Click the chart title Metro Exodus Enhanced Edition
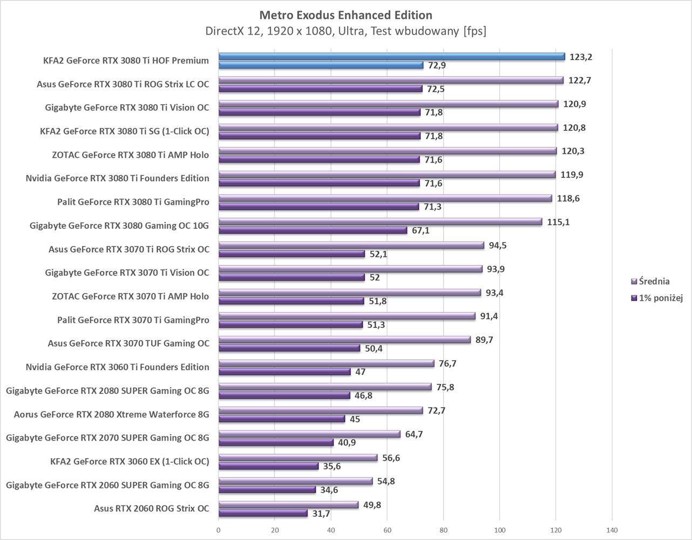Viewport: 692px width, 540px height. (345, 15)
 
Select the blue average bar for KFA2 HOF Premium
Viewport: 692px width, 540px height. (391, 56)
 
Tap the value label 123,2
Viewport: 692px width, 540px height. (580, 57)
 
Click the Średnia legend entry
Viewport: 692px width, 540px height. (654, 281)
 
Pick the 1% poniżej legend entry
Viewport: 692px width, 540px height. (660, 298)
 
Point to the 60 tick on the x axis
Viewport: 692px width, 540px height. (387, 530)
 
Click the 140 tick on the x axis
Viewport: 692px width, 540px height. (612, 530)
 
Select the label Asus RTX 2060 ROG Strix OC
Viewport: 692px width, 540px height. (151, 509)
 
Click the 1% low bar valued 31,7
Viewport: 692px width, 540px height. (263, 514)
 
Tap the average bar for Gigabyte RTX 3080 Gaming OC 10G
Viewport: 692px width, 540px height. (380, 222)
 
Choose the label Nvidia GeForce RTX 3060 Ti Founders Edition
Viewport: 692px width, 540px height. (117, 367)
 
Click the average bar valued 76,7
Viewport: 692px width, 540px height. (326, 363)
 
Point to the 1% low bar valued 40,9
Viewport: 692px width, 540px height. (276, 443)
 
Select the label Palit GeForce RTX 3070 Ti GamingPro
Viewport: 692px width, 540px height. (133, 320)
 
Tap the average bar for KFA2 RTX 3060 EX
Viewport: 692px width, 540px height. (298, 458)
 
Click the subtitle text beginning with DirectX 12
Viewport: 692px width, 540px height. (345, 31)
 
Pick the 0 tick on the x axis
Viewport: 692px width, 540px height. (219, 530)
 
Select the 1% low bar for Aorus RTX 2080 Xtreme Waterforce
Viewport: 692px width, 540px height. (282, 419)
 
